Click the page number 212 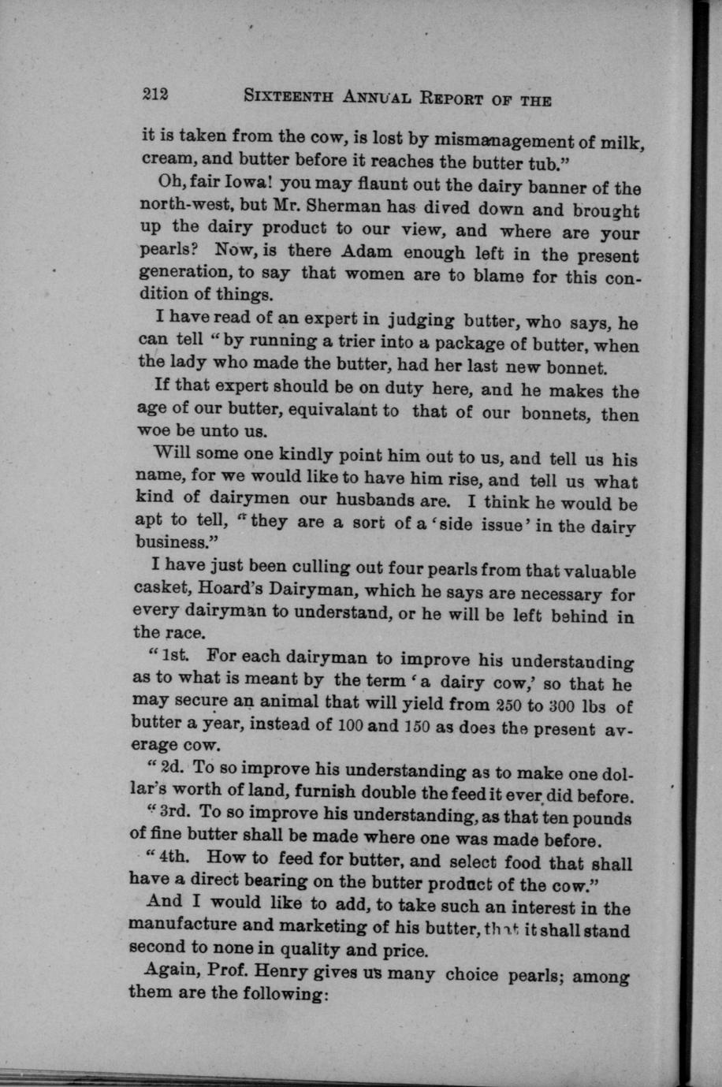[x=155, y=94]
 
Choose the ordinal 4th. [x=173, y=858]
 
